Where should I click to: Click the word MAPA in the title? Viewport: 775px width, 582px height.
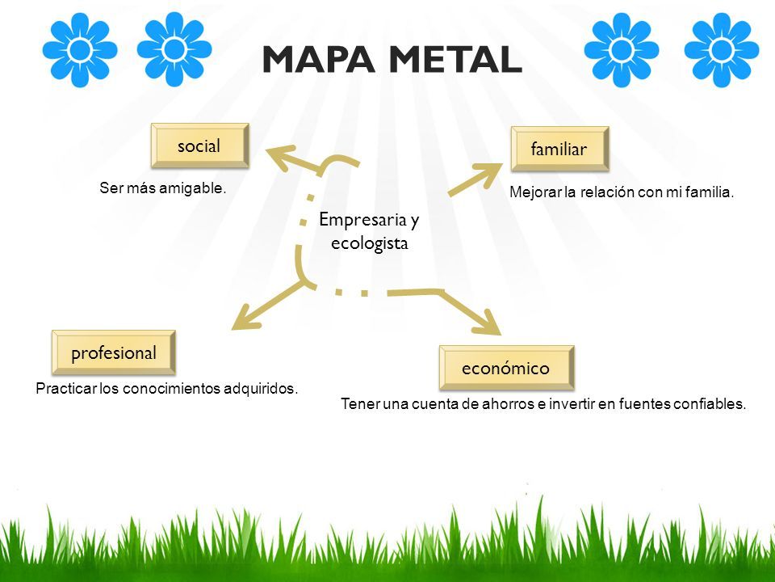318,59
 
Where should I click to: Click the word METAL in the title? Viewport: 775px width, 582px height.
455,59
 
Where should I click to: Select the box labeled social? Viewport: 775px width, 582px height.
199,145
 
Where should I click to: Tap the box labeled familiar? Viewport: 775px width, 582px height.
559,149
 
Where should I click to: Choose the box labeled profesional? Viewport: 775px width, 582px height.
114,352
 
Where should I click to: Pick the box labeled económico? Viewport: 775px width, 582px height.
507,368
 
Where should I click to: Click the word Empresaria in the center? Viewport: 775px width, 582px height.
362,219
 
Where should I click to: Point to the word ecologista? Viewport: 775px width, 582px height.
370,243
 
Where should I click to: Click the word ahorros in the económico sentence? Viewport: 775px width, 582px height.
508,404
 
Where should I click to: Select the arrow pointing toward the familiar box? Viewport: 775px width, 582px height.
475,179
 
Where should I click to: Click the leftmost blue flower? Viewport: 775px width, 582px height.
80,49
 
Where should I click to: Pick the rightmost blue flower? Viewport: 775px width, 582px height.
721,49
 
